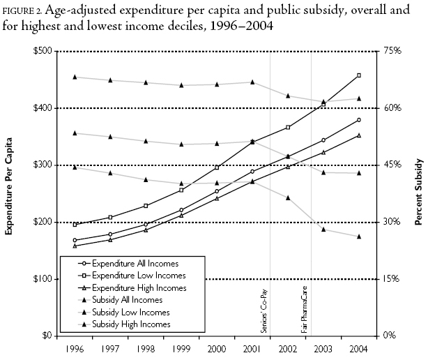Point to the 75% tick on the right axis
(x=393, y=51)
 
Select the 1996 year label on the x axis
(x=74, y=347)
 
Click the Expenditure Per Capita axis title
(x=10, y=193)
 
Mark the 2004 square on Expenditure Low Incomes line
(x=358, y=75)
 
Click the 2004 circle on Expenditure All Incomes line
(x=358, y=120)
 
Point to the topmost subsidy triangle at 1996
(x=74, y=77)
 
